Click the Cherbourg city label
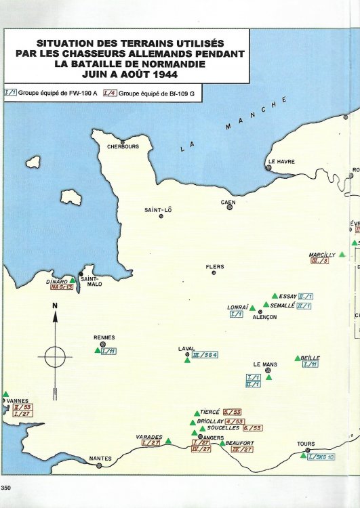click(122, 146)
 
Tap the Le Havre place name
click(281, 161)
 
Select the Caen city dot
click(230, 207)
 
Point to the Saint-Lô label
click(161, 209)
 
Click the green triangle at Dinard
click(73, 280)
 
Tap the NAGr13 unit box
click(61, 287)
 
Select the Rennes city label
click(104, 337)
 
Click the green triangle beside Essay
click(274, 296)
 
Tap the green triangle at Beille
click(297, 358)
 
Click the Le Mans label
click(265, 364)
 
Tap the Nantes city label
click(100, 459)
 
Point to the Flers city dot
click(214, 272)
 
